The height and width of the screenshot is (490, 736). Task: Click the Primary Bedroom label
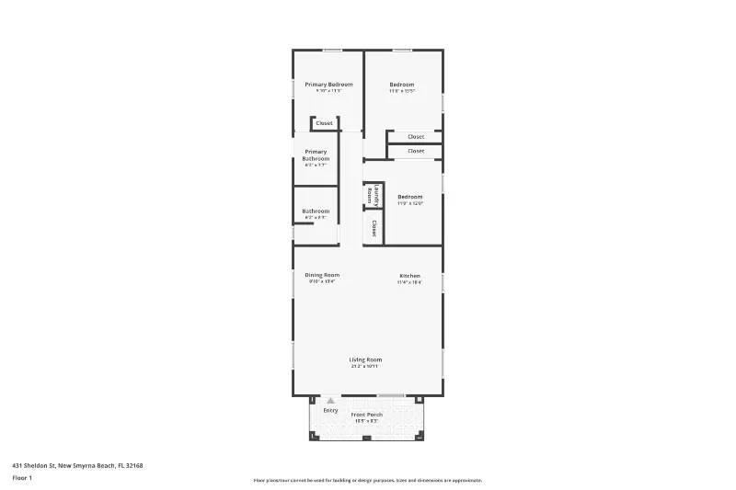[328, 85]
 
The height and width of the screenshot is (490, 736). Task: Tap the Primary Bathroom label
[316, 155]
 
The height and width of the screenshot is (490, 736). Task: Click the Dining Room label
[322, 275]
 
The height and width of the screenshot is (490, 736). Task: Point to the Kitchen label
[409, 276]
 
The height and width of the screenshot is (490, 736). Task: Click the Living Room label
[365, 359]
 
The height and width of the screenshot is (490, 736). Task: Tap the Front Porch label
[367, 415]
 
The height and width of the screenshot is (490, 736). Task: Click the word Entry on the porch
[330, 410]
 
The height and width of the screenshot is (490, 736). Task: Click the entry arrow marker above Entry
[330, 401]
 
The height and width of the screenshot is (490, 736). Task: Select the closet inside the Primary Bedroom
[324, 123]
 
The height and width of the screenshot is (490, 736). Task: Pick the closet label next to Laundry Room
[374, 226]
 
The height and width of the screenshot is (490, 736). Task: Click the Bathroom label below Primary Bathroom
[316, 211]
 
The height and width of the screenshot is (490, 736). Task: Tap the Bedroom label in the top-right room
[402, 85]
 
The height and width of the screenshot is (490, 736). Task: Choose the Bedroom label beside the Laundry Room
[410, 197]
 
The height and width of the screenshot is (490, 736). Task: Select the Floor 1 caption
[22, 478]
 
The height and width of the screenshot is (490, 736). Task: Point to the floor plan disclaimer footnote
[367, 480]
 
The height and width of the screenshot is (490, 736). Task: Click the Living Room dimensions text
[365, 367]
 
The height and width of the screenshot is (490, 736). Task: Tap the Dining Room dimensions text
[322, 282]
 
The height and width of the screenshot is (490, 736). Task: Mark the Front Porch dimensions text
[367, 421]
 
